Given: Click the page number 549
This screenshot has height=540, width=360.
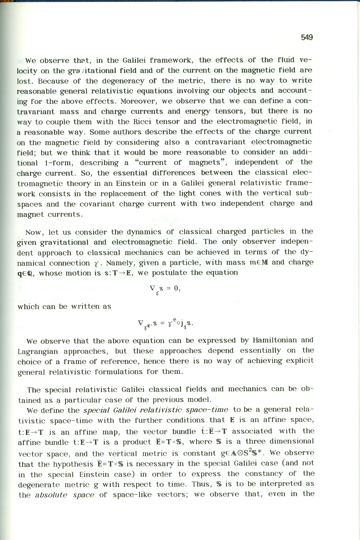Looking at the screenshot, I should click(307, 37).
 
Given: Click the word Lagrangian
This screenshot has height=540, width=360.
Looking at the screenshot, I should click(38, 351).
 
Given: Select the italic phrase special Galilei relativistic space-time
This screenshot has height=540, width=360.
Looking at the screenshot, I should click(156, 410).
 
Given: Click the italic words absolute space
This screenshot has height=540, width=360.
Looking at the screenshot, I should click(65, 495).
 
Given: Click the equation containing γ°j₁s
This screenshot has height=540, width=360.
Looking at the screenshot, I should click(165, 323).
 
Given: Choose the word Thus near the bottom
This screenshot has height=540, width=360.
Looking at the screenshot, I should click(202, 484).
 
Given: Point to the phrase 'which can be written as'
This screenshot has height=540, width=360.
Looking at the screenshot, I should click(65, 306).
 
